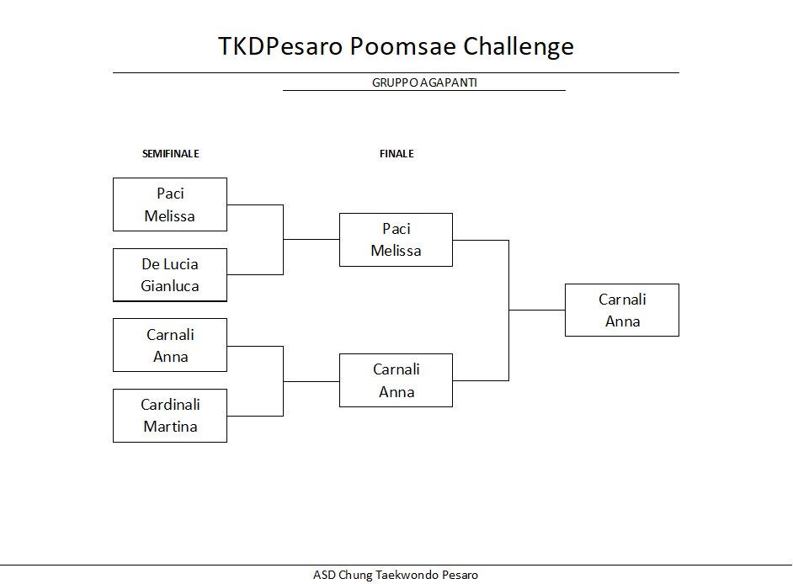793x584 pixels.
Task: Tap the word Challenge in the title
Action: (519, 47)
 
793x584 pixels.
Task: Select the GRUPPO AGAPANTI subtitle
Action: (424, 82)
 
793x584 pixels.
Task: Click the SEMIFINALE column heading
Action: (170, 154)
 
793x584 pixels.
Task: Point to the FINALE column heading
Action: (396, 154)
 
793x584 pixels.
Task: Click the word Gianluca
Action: (170, 286)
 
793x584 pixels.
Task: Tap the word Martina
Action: (170, 427)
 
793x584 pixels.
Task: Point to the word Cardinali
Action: (170, 405)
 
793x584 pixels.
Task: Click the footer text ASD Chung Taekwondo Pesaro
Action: (396, 575)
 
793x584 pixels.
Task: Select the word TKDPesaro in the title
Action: (280, 46)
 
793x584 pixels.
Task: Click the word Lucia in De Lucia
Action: (180, 264)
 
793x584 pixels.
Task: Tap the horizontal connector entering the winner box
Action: (537, 310)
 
